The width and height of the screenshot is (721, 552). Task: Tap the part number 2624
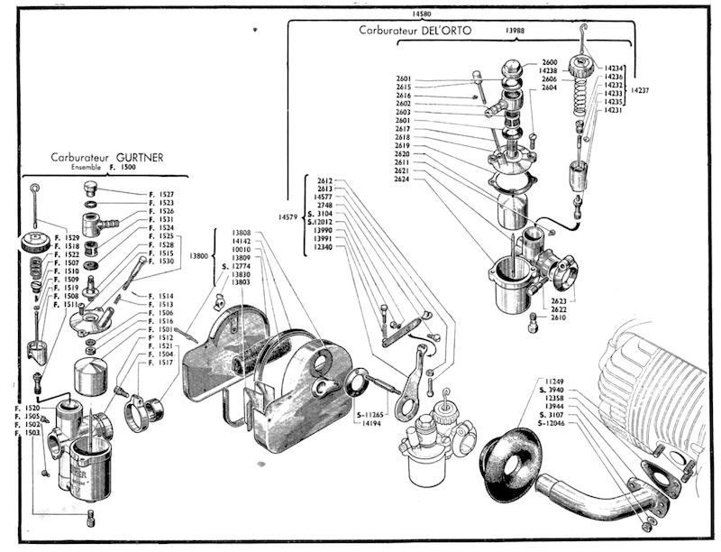pyautogui.click(x=403, y=179)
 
